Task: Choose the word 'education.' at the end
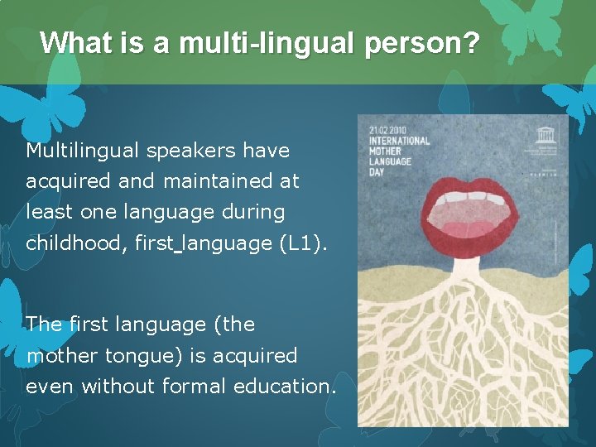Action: (x=286, y=387)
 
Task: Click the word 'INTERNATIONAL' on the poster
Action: (x=399, y=141)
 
